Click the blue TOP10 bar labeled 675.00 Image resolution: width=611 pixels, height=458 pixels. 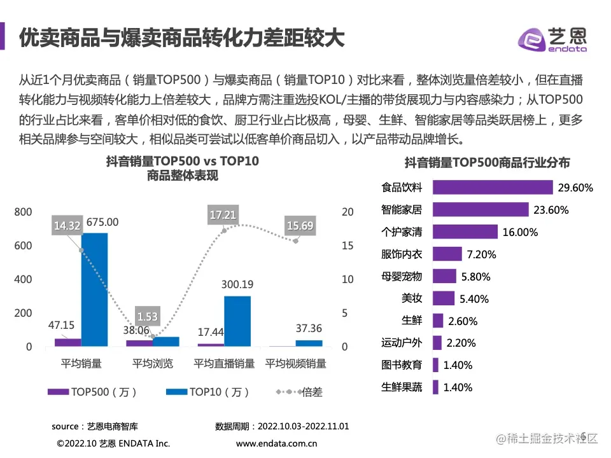pyautogui.click(x=94, y=289)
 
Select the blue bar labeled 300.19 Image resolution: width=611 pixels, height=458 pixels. pyautogui.click(x=237, y=321)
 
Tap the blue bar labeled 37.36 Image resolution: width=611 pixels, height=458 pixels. pyautogui.click(x=309, y=343)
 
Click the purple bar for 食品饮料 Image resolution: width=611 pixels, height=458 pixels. pyautogui.click(x=493, y=187)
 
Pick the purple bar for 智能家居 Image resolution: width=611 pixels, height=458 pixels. pyautogui.click(x=481, y=209)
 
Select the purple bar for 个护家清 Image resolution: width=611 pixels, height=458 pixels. pyautogui.click(x=465, y=232)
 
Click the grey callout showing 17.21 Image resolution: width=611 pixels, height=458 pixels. pyautogui.click(x=223, y=215)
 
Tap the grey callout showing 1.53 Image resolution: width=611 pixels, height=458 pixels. pyautogui.click(x=148, y=316)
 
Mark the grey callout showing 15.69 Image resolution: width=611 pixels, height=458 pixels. pyautogui.click(x=300, y=225)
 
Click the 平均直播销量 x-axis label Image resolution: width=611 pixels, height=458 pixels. pyautogui.click(x=224, y=364)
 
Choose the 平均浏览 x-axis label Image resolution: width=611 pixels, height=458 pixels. pyautogui.click(x=152, y=364)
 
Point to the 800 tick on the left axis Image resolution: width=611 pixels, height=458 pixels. pyautogui.click(x=24, y=212)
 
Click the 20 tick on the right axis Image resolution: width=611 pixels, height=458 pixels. pyautogui.click(x=347, y=212)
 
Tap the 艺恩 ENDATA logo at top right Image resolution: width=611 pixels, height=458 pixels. pyautogui.click(x=552, y=39)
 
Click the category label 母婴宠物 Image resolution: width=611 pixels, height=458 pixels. pyautogui.click(x=402, y=276)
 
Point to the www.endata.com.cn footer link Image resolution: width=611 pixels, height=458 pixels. pyautogui.click(x=276, y=443)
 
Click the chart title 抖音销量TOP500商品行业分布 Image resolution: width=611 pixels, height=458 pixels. pyautogui.click(x=487, y=163)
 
